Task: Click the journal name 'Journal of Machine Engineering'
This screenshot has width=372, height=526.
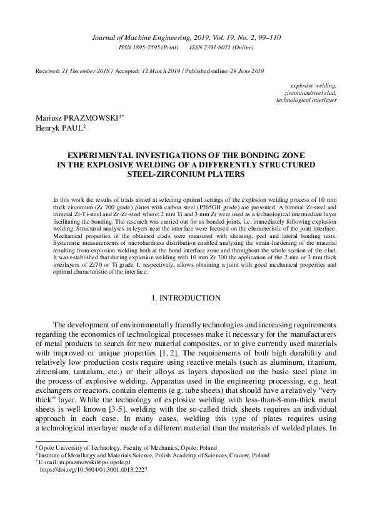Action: point(134,37)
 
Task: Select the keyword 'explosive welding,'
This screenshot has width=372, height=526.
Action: point(314,84)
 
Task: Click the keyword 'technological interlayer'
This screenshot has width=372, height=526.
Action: point(306,99)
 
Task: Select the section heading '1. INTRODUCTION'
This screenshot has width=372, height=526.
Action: point(186,298)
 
